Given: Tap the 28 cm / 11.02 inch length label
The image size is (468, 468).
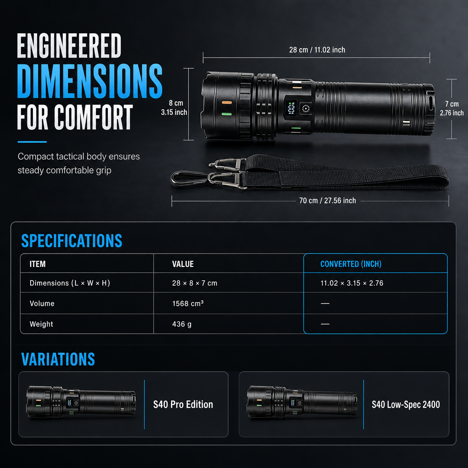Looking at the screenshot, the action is point(317,50).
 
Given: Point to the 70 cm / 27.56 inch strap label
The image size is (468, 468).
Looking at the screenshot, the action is point(327,201).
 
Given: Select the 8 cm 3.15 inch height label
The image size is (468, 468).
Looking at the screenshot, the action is point(174,107).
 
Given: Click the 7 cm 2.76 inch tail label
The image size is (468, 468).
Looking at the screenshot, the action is point(452,108).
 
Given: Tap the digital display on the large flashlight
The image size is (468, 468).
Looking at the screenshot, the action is point(291,108).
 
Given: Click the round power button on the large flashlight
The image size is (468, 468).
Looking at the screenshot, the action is point(306,109).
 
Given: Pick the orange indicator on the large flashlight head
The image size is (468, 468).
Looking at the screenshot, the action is point(227,103).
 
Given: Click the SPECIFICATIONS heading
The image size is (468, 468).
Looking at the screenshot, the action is point(72,241).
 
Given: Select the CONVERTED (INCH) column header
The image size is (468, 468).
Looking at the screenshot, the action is point(351,264).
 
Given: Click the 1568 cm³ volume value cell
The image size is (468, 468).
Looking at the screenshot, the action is point(188,303).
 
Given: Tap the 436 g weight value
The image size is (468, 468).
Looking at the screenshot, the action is point(182,324).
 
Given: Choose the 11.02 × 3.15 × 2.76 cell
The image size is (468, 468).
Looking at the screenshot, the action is point(352,283).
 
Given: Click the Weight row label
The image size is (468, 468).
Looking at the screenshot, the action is point(42,324).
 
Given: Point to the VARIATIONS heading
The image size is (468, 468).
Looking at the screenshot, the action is point(58,359).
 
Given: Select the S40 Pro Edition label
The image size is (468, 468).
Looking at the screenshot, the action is point(183,404).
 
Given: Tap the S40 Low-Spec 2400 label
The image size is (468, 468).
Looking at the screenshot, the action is point(406,404).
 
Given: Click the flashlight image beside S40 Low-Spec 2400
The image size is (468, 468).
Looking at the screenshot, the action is point(302,401).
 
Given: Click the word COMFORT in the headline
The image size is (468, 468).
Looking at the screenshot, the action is point(93,117).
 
